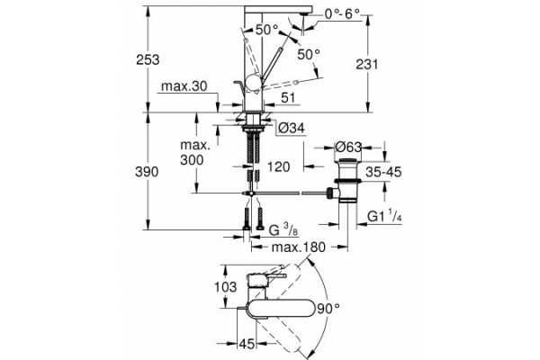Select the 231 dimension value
tap(384, 64)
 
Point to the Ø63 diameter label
tap(349, 148)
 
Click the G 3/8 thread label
tap(282, 229)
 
